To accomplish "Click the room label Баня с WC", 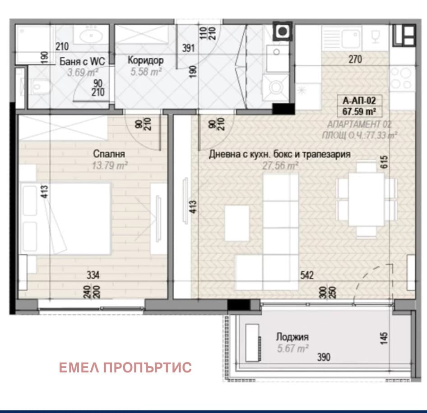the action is (82, 61).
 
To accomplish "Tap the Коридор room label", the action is (146, 60).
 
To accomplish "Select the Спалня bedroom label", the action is (109, 154).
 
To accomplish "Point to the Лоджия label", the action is (292, 337).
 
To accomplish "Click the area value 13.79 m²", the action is (110, 165).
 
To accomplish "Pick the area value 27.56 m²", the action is (280, 165).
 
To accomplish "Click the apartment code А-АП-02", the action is (359, 101).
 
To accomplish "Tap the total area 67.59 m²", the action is (359, 111).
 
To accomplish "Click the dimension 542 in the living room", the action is (307, 275).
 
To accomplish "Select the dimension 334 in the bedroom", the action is (93, 275).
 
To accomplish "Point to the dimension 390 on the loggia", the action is (324, 357).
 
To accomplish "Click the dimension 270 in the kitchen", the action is (355, 59).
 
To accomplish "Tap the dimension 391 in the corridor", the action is (188, 48).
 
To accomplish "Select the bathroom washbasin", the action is (91, 35).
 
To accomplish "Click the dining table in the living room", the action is (366, 199).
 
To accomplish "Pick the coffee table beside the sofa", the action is (237, 223).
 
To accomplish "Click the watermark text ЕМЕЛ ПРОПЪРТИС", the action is (125, 367).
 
